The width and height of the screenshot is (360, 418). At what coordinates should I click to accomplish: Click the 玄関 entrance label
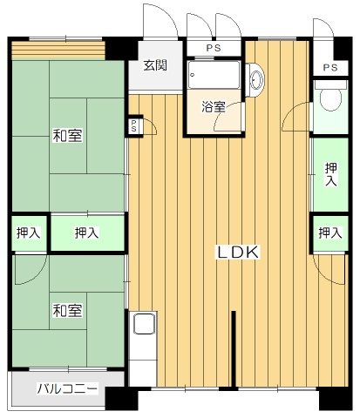click(155, 65)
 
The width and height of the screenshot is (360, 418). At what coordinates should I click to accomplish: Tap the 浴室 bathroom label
click(214, 107)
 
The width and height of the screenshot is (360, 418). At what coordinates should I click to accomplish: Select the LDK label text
click(238, 253)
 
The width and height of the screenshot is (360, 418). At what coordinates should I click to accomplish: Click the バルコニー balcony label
click(67, 388)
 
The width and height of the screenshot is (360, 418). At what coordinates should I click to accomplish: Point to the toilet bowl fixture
click(330, 98)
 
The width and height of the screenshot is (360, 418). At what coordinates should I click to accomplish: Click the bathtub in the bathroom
click(214, 75)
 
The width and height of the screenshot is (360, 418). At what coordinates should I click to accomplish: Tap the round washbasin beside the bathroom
click(256, 79)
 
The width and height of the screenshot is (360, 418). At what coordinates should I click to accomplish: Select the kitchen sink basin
click(144, 323)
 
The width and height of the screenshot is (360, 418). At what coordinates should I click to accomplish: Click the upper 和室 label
click(68, 135)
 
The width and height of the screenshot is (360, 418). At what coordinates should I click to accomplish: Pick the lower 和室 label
click(68, 310)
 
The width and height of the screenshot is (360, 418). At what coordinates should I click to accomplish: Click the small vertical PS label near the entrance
click(133, 125)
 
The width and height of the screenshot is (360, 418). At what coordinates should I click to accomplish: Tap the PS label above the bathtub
click(214, 48)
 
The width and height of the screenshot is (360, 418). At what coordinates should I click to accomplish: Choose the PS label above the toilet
click(330, 68)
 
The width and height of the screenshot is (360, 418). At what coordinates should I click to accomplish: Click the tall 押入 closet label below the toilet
click(331, 174)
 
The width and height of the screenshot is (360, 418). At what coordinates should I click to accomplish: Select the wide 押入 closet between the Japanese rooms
click(87, 233)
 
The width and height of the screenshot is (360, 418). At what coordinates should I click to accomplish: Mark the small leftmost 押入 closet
click(28, 233)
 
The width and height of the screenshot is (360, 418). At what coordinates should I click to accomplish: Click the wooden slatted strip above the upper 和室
click(58, 51)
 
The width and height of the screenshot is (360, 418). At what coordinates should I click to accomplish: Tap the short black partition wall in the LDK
click(234, 349)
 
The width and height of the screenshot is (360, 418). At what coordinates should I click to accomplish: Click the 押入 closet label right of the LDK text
click(330, 233)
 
